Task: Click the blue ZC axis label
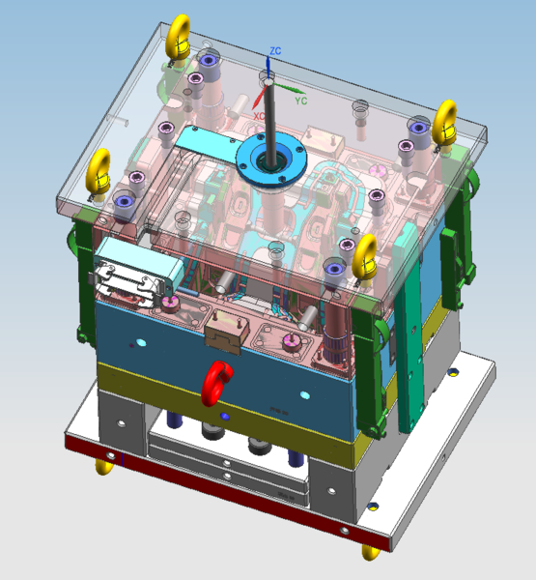(x=275, y=50)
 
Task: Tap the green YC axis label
(x=301, y=101)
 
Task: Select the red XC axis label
(x=259, y=116)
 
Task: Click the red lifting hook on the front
(x=216, y=384)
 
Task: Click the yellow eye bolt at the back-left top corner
(x=178, y=39)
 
